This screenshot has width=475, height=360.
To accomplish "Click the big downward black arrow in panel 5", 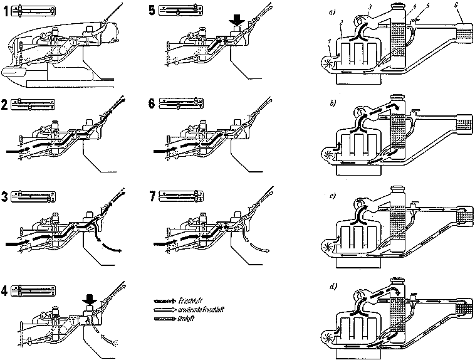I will tap(237, 20).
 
